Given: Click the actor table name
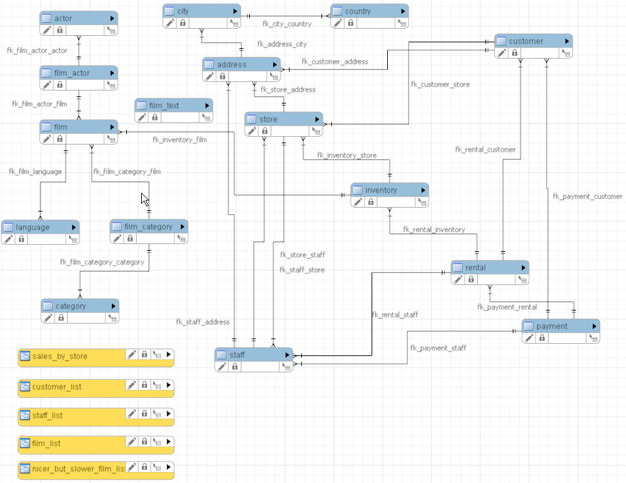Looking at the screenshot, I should [63, 18].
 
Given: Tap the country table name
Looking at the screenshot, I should [358, 11].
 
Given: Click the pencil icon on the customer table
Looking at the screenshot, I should [501, 52].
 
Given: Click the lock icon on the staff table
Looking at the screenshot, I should [235, 366].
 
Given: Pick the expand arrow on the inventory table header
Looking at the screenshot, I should [422, 190].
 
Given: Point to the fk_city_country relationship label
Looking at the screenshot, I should [287, 24].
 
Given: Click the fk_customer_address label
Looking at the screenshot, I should [334, 62].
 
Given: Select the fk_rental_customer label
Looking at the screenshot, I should [485, 150].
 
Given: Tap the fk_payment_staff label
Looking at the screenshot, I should [438, 348].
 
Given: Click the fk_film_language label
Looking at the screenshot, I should [35, 172].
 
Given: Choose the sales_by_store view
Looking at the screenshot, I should [59, 356].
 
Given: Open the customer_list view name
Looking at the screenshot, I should [57, 387].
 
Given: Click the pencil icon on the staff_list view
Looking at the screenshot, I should [131, 414].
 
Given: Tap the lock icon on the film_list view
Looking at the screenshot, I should [144, 442].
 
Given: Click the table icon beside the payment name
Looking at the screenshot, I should [528, 326].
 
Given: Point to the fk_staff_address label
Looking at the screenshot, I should [202, 322].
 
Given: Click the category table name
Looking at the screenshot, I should [70, 306].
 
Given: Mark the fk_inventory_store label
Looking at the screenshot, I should [346, 156].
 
